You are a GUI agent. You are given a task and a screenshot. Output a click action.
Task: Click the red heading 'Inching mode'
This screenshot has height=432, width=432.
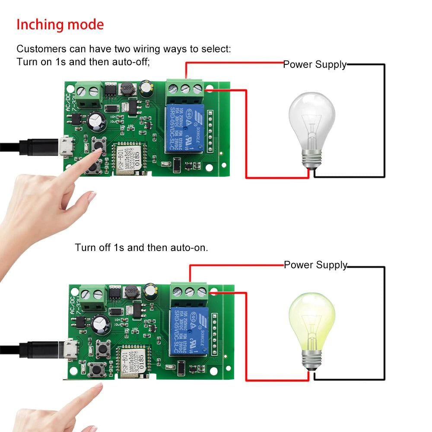point(60,25)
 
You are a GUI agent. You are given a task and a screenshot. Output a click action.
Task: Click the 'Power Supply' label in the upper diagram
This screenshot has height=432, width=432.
point(314,65)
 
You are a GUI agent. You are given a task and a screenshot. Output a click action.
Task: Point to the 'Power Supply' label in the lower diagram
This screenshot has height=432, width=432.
point(315,265)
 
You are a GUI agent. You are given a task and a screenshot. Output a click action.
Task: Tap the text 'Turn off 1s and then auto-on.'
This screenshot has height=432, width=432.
point(141,248)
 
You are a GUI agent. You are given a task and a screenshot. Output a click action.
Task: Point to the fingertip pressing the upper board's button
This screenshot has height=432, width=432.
point(100,149)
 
